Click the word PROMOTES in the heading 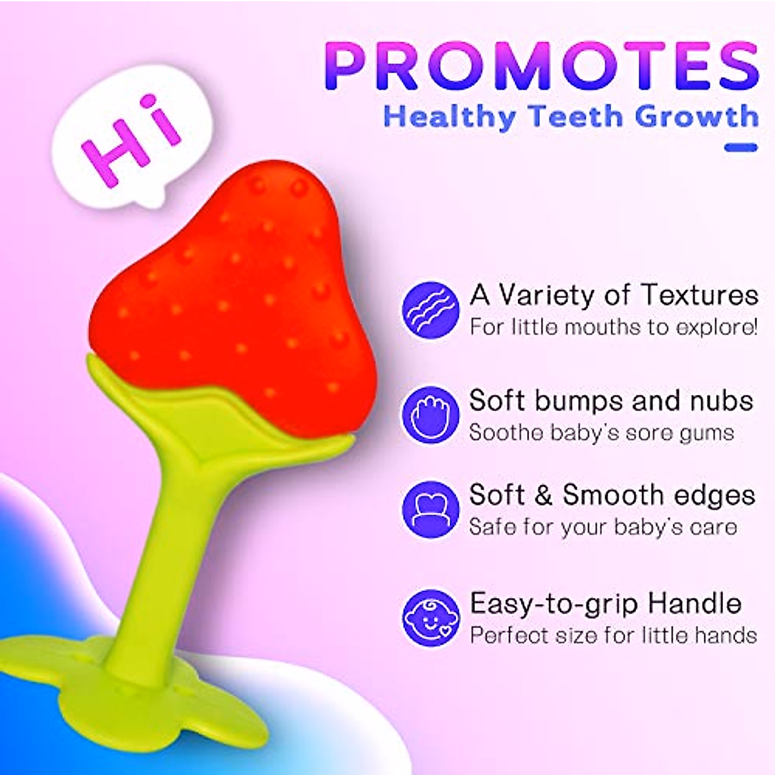tap(541, 66)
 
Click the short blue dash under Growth tap(740, 147)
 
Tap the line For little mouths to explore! tap(614, 327)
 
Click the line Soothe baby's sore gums tap(601, 432)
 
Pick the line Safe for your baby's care tap(603, 527)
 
